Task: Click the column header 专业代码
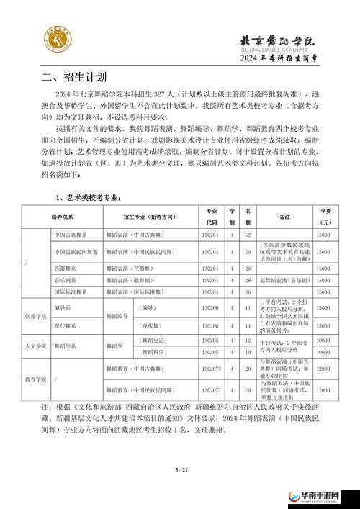[211, 215]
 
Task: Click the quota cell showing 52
[248, 235]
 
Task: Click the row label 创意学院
[35, 315]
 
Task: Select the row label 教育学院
[35, 379]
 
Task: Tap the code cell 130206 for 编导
[211, 307]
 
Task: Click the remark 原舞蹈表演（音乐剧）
[284, 279]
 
